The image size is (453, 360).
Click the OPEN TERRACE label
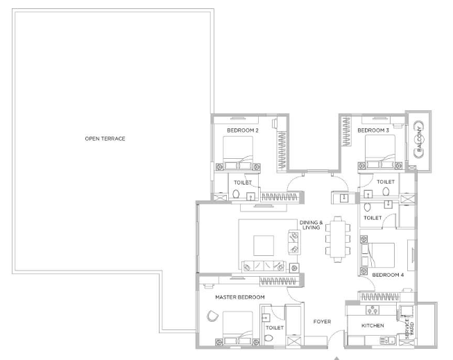[105, 139]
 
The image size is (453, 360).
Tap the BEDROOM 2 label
[243, 130]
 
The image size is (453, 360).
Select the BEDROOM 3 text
[373, 130]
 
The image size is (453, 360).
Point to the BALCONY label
[420, 139]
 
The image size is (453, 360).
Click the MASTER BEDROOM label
[240, 297]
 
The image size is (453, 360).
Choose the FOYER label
[322, 322]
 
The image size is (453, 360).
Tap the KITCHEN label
[373, 325]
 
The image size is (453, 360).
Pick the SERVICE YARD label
[409, 329]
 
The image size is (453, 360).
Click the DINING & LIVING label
[311, 225]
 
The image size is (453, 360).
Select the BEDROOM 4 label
[388, 275]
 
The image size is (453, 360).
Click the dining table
[338, 239]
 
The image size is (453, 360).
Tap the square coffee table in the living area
[264, 246]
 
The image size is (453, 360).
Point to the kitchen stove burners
[373, 310]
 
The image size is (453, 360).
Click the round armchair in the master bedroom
[212, 316]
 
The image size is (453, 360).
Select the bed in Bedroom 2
[238, 153]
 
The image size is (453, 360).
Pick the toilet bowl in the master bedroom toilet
[268, 338]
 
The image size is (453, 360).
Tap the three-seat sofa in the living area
[264, 266]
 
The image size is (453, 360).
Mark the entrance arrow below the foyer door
[336, 359]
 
